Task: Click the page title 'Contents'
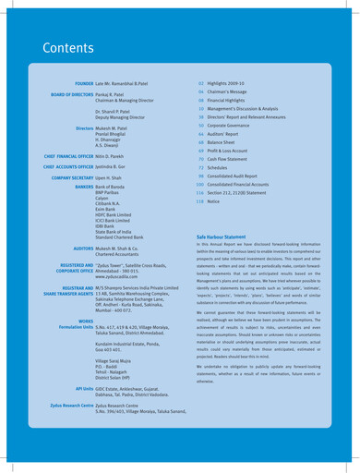pos(57,47)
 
